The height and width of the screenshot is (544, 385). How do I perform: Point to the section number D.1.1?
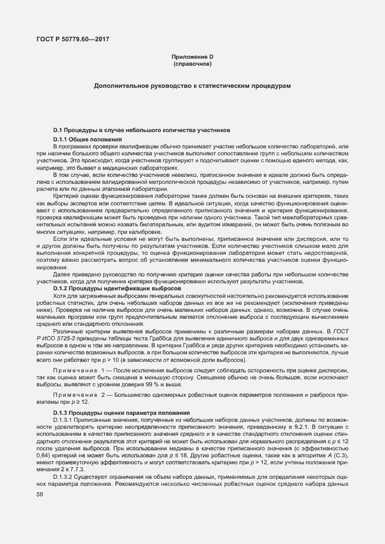tap(61, 140)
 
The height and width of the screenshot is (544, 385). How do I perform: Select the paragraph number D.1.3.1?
tap(63, 419)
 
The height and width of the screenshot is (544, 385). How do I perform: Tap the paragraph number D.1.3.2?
tap(63, 475)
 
